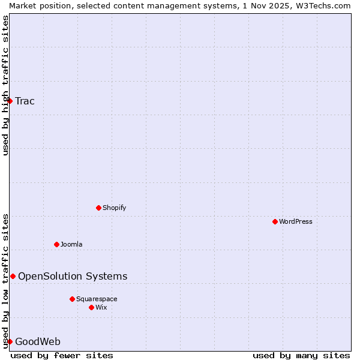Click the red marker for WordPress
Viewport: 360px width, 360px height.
tap(275, 221)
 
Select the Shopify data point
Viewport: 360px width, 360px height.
tap(98, 208)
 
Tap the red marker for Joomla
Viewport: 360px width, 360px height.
tap(56, 244)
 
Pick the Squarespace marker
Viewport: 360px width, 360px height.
tap(72, 299)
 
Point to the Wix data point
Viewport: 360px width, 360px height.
tap(91, 307)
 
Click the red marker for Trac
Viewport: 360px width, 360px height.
tap(10, 101)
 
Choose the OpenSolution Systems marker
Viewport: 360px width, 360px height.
tap(13, 276)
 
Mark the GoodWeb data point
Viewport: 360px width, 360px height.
tap(10, 341)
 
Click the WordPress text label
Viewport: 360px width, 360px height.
tap(296, 221)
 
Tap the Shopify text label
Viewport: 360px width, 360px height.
tap(114, 208)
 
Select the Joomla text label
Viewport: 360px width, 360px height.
tap(71, 244)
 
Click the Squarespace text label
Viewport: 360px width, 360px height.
tap(97, 299)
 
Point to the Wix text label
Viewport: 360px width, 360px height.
tap(101, 307)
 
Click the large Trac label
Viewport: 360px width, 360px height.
tap(25, 101)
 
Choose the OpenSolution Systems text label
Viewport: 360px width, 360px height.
tap(73, 276)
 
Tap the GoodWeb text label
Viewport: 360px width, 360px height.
tap(38, 342)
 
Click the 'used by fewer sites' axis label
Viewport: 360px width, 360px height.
tap(62, 355)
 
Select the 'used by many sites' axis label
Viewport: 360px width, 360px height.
tap(301, 355)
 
